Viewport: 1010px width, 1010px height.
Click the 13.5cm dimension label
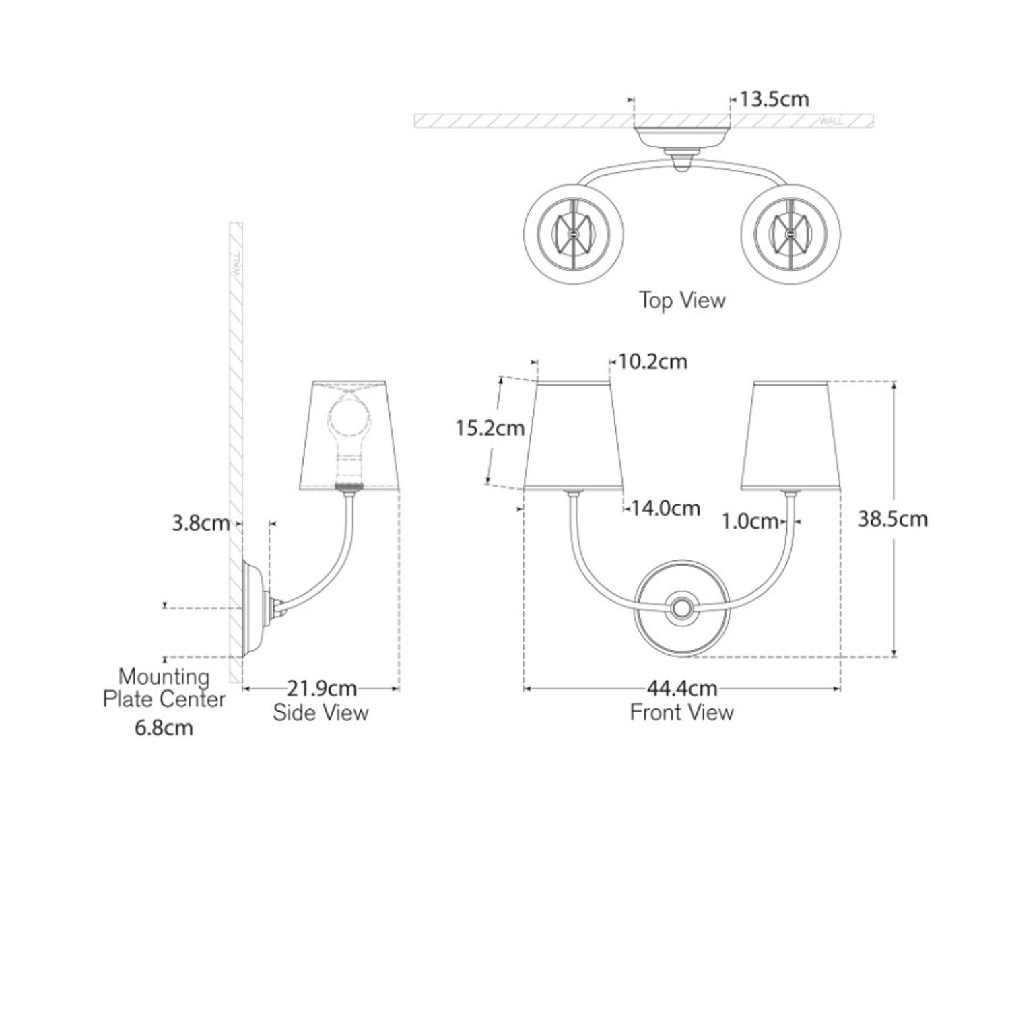pyautogui.click(x=774, y=100)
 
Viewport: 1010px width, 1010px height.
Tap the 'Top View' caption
pyautogui.click(x=682, y=300)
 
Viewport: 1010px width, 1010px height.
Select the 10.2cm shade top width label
pyautogui.click(x=652, y=362)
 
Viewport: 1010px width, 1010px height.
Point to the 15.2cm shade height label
pyautogui.click(x=490, y=428)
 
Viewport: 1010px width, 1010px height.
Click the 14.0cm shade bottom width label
pyautogui.click(x=665, y=508)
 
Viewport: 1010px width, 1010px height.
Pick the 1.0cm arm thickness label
pyautogui.click(x=750, y=521)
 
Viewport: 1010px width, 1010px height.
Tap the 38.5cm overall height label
pyautogui.click(x=892, y=519)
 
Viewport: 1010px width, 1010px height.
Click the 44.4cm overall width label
pyautogui.click(x=682, y=689)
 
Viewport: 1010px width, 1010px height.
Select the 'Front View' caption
pyautogui.click(x=681, y=712)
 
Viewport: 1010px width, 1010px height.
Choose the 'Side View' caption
pyautogui.click(x=321, y=712)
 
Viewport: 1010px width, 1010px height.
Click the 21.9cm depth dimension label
pyautogui.click(x=322, y=689)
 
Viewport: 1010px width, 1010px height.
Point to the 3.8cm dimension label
pyautogui.click(x=201, y=523)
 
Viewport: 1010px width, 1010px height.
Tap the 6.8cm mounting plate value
pyautogui.click(x=164, y=728)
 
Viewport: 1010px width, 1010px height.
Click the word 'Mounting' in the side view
pyautogui.click(x=164, y=676)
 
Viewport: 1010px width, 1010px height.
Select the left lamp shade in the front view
pyautogui.click(x=573, y=436)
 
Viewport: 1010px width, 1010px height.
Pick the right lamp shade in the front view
pyautogui.click(x=791, y=436)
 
